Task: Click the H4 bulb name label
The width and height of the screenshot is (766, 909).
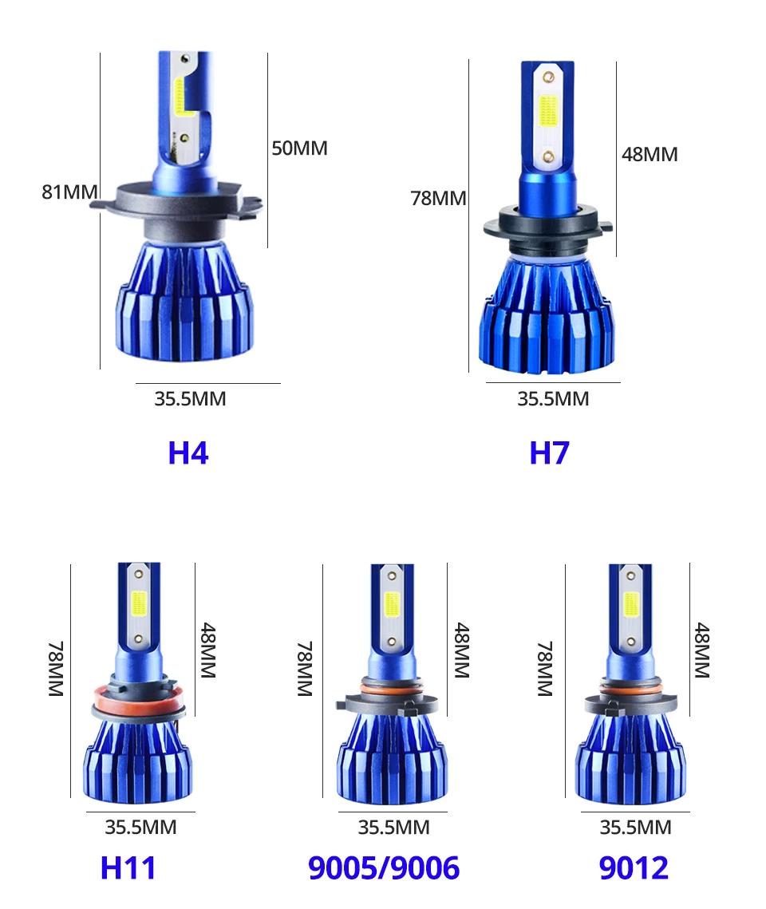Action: [x=188, y=453]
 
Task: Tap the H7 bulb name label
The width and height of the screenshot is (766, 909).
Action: [x=549, y=453]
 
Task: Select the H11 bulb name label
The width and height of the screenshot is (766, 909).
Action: [x=128, y=868]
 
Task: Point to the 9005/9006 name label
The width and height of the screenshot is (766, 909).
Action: [x=384, y=868]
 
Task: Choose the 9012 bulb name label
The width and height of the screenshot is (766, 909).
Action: [x=634, y=868]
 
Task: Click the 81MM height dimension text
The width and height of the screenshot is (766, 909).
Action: [x=69, y=192]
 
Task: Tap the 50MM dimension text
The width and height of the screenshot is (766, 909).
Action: [x=299, y=148]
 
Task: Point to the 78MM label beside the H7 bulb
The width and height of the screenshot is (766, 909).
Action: [x=438, y=198]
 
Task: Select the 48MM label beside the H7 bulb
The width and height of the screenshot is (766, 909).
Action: [x=650, y=154]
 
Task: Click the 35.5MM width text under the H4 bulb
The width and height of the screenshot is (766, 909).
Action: [x=190, y=399]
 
